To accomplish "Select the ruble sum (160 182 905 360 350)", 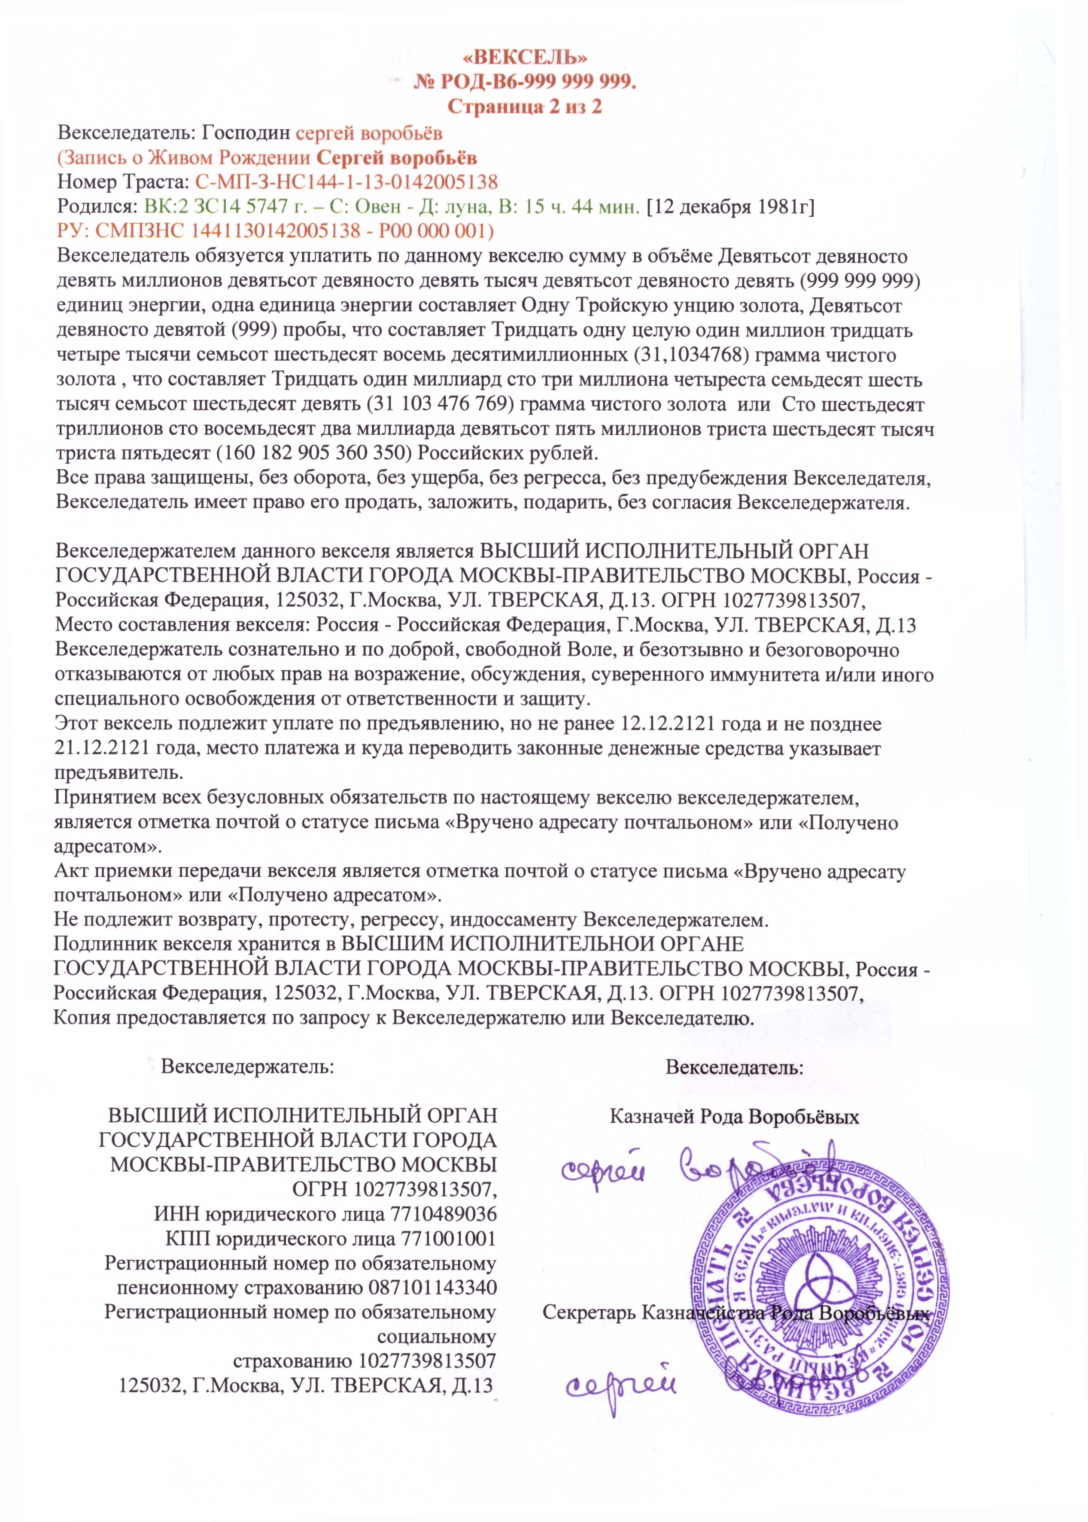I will tap(313, 453).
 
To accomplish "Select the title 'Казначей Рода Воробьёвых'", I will tap(734, 1117).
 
